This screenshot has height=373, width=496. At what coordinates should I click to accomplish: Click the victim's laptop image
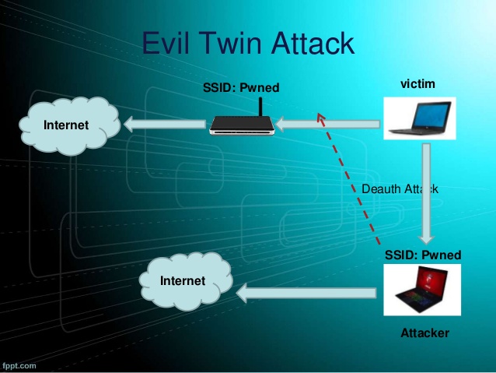click(419, 118)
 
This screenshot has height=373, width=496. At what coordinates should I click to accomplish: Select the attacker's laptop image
click(422, 292)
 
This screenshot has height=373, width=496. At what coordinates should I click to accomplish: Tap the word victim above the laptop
click(417, 83)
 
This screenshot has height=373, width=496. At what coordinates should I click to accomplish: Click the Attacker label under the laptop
click(424, 333)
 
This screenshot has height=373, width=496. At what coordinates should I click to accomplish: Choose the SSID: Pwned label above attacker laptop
click(423, 255)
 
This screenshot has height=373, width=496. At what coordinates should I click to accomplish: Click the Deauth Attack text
click(400, 188)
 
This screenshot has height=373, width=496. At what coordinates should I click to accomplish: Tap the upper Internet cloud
click(66, 125)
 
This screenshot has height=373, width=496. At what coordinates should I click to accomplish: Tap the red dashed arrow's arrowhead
click(320, 117)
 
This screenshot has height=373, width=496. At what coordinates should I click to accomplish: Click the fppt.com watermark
click(19, 364)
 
